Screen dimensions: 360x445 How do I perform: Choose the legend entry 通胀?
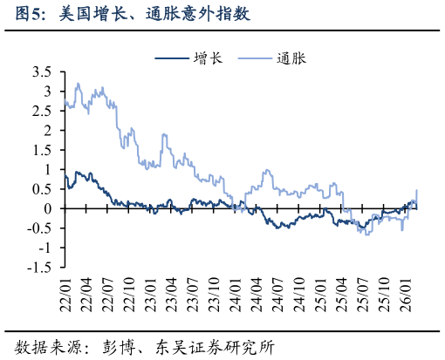[295, 58]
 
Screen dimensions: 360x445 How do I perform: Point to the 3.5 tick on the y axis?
[41, 71]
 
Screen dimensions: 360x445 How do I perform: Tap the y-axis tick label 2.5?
[41, 111]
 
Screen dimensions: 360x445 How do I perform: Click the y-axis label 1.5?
[41, 150]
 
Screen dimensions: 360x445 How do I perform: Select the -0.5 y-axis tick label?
[39, 228]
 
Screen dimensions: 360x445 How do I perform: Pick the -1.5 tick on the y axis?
[39, 268]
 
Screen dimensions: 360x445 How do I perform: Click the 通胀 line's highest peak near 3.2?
[79, 84]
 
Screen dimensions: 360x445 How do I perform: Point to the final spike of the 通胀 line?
[416, 190]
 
